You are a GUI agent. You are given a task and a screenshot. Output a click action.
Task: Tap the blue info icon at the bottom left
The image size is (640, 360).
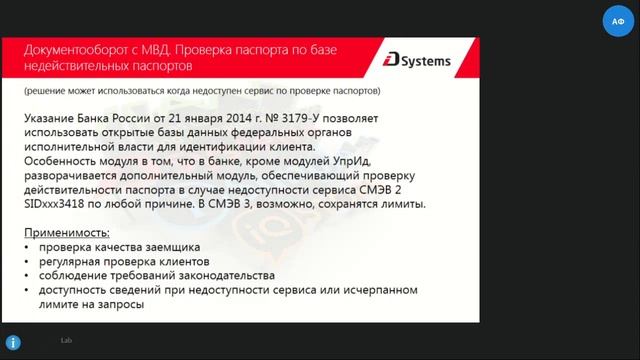click(10, 343)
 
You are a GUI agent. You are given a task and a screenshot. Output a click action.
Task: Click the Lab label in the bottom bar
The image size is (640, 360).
click(66, 341)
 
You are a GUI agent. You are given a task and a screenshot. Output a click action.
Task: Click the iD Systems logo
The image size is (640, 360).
click(417, 61)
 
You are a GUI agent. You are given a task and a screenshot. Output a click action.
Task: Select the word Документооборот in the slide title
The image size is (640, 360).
click(71, 46)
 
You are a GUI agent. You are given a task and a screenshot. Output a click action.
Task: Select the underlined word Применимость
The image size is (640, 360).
click(67, 232)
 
